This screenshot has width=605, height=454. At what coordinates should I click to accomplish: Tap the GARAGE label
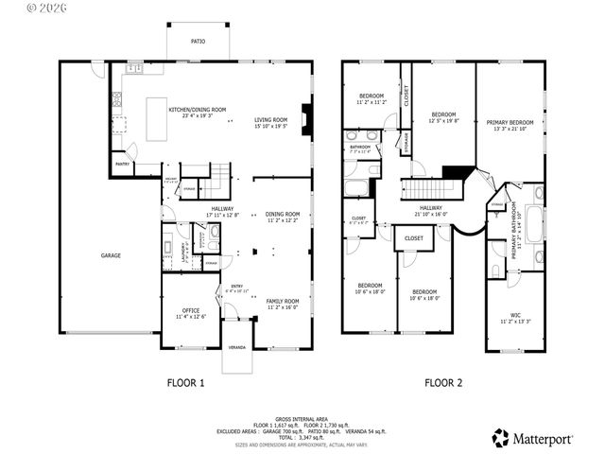pyautogui.click(x=111, y=255)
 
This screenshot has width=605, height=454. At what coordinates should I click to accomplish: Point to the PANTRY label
pyautogui.click(x=123, y=164)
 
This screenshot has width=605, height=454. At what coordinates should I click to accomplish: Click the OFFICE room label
pyautogui.click(x=190, y=312)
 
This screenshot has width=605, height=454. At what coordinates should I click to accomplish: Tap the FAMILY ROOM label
pyautogui.click(x=282, y=304)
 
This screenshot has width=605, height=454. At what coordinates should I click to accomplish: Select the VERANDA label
pyautogui.click(x=237, y=348)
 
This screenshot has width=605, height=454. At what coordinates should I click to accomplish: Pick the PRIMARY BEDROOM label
pyautogui.click(x=510, y=124)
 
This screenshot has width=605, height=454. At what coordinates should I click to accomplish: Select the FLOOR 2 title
pyautogui.click(x=442, y=383)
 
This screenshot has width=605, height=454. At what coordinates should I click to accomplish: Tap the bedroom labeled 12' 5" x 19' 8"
pyautogui.click(x=442, y=116)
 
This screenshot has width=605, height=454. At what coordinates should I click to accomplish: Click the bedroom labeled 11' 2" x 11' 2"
pyautogui.click(x=371, y=98)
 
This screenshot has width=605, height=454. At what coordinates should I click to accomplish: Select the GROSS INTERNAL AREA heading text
pyautogui.click(x=302, y=418)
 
